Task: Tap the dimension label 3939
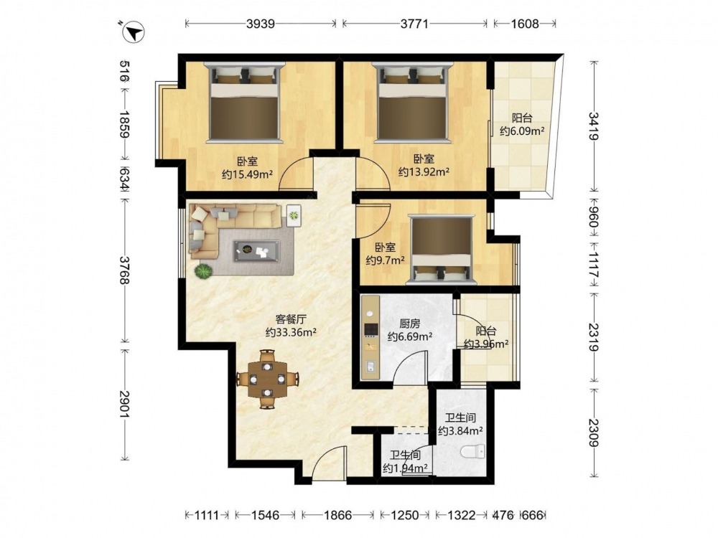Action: pyautogui.click(x=261, y=24)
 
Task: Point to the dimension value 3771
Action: pyautogui.click(x=414, y=24)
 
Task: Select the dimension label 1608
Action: pyautogui.click(x=525, y=24)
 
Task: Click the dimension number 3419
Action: pyautogui.click(x=594, y=126)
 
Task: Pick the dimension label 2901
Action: pyautogui.click(x=125, y=404)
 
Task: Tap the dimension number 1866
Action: pyautogui.click(x=338, y=516)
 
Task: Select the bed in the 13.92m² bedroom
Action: pyautogui.click(x=412, y=103)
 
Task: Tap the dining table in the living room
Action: pyautogui.click(x=267, y=379)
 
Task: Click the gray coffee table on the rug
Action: pyautogui.click(x=256, y=250)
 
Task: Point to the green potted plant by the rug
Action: pyautogui.click(x=203, y=271)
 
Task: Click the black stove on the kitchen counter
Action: pyautogui.click(x=370, y=330)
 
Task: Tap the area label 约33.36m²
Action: pyautogui.click(x=292, y=333)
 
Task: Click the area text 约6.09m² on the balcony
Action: pyautogui.click(x=522, y=131)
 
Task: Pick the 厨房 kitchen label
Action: pyautogui.click(x=409, y=324)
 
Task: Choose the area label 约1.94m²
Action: pyautogui.click(x=405, y=468)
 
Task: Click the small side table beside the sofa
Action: pyautogui.click(x=294, y=215)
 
